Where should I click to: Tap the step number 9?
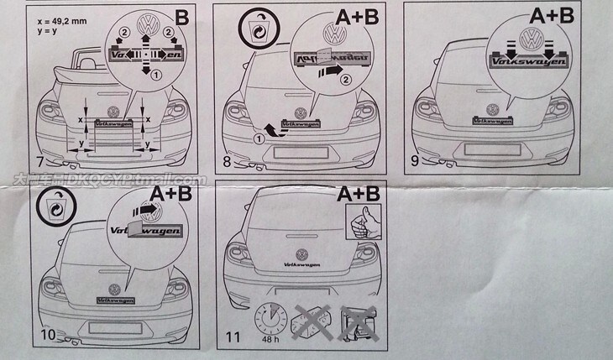416,161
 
